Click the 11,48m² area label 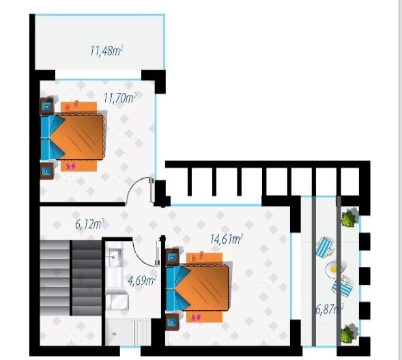(x=106, y=51)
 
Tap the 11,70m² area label (x=119, y=98)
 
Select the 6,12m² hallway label (x=89, y=224)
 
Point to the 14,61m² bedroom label (x=226, y=239)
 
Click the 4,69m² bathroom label (x=142, y=281)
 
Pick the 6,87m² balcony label (x=330, y=309)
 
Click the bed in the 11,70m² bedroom (x=72, y=137)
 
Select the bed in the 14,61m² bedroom (x=197, y=288)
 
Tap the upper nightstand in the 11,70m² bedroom (x=46, y=106)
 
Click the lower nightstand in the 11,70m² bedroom (x=46, y=171)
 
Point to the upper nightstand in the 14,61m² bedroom (x=172, y=257)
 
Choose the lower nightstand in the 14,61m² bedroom (x=172, y=322)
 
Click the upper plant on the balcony (x=349, y=218)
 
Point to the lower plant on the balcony (x=349, y=334)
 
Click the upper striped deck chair (x=324, y=247)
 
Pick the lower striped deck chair (x=342, y=288)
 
